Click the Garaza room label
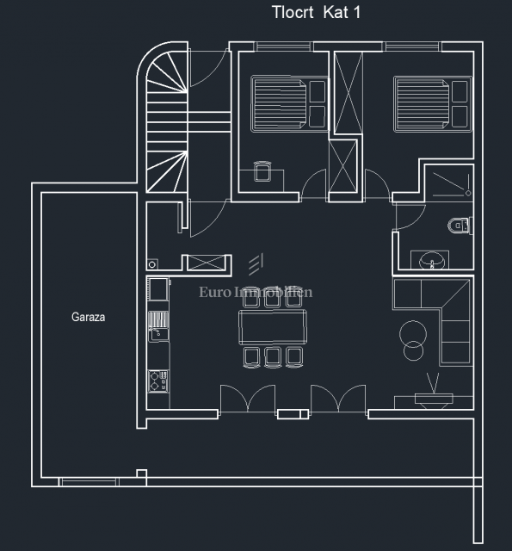click(x=88, y=317)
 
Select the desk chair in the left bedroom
click(x=263, y=173)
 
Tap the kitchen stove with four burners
click(x=157, y=381)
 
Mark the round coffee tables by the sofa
click(x=414, y=339)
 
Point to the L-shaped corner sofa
click(x=444, y=319)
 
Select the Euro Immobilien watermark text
click(x=256, y=292)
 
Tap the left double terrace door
click(x=244, y=399)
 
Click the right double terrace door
click(x=338, y=399)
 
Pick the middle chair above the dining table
click(x=273, y=295)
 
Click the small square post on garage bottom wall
click(x=142, y=474)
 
